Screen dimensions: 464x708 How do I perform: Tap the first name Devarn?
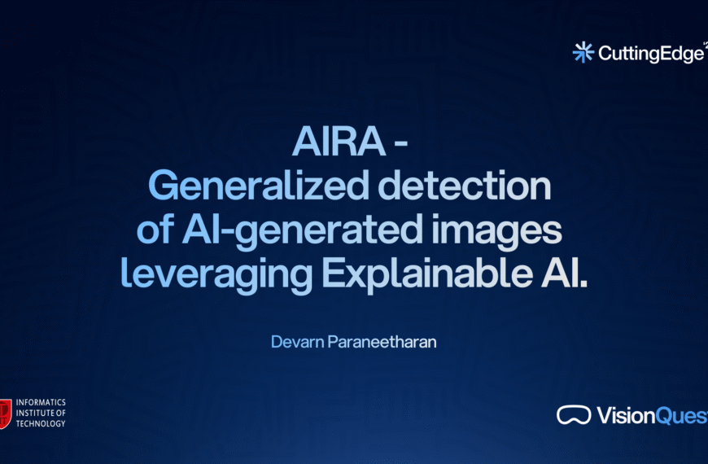coord(297,342)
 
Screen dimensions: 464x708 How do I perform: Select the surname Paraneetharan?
coord(382,342)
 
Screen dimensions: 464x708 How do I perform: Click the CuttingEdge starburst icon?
coord(583,52)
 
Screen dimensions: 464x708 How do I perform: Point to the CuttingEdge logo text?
coord(650,53)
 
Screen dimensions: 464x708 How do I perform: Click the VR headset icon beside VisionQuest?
coord(574,415)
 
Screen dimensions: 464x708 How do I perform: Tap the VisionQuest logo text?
coord(651,416)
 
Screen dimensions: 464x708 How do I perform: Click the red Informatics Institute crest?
coord(5,413)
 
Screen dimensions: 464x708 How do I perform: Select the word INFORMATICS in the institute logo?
coord(42,403)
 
